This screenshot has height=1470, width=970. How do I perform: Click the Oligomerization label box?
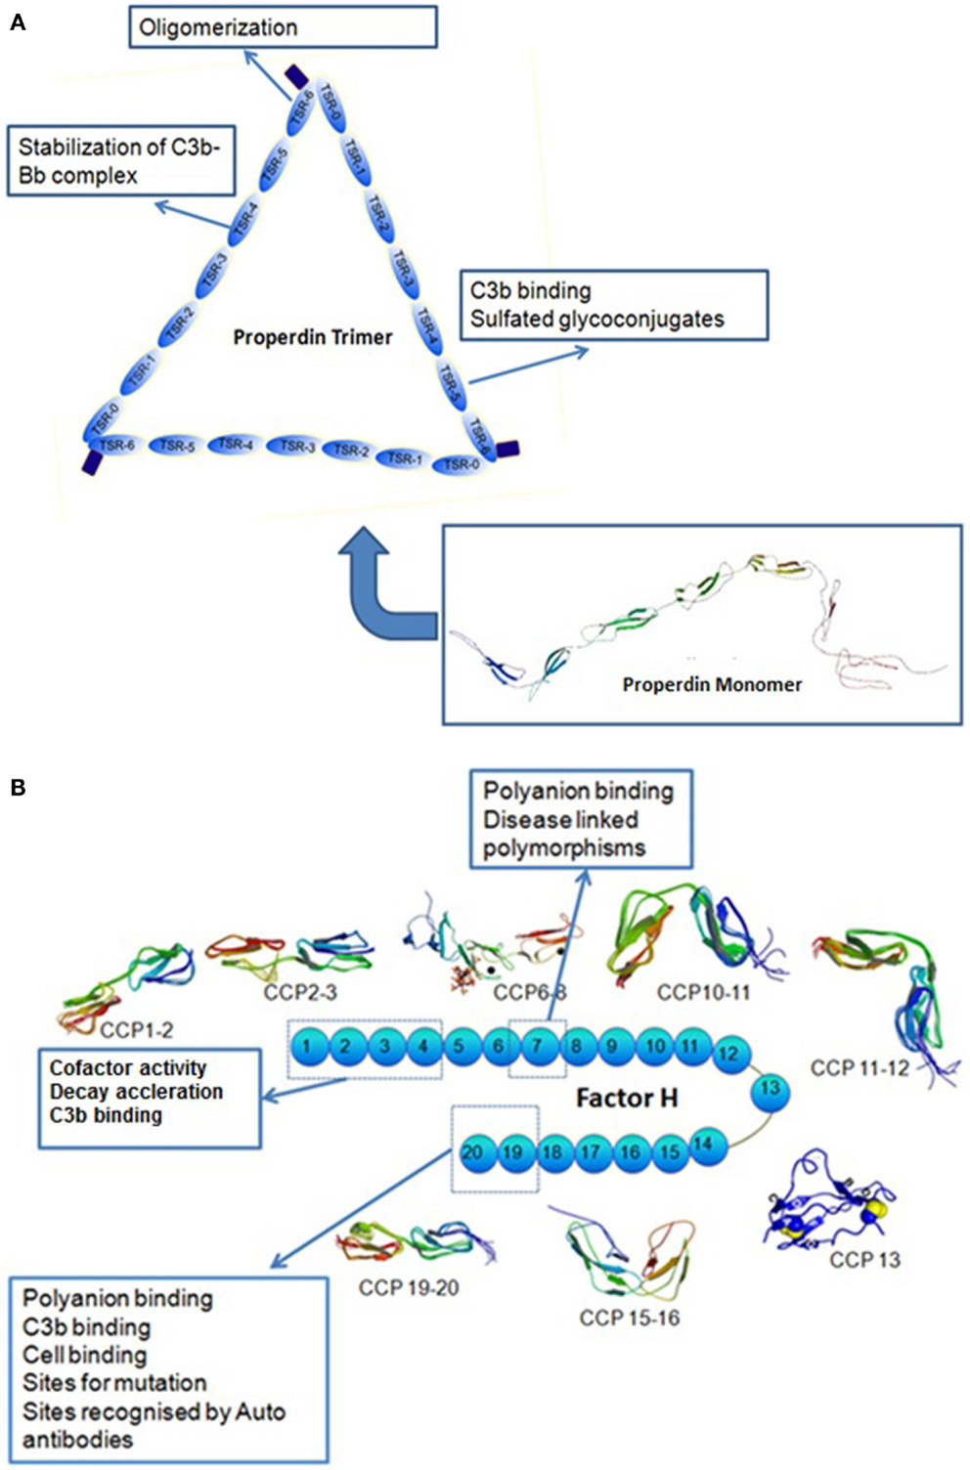[x=283, y=27]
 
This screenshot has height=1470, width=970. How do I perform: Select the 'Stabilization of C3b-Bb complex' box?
[x=120, y=161]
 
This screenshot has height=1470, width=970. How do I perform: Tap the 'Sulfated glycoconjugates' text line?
[x=596, y=319]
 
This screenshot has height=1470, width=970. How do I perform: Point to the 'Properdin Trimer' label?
[x=312, y=337]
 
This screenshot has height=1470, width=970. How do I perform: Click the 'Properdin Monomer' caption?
[x=712, y=684]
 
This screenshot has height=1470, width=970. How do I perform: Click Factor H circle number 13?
[x=770, y=1088]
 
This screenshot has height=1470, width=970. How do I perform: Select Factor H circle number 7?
[x=537, y=1047]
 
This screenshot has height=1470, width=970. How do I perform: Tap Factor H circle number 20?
[x=472, y=1152]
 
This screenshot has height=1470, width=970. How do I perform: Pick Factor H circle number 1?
[x=307, y=1047]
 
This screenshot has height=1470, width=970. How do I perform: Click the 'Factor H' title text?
[x=627, y=1099]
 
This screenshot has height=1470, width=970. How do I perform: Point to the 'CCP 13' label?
[x=864, y=1260]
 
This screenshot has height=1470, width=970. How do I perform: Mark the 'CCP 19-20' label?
[x=409, y=1287]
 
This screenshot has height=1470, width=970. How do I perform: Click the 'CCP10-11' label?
[x=703, y=992]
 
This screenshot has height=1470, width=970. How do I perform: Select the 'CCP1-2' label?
[x=136, y=1028]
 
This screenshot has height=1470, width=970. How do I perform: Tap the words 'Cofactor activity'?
[x=128, y=1068]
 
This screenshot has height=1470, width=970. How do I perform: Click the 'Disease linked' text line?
[x=560, y=819]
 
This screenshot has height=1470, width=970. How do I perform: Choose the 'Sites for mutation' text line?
[x=114, y=1382]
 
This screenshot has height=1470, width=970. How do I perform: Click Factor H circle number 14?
[x=702, y=1145]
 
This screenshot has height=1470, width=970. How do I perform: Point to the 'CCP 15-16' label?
[x=629, y=1318]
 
